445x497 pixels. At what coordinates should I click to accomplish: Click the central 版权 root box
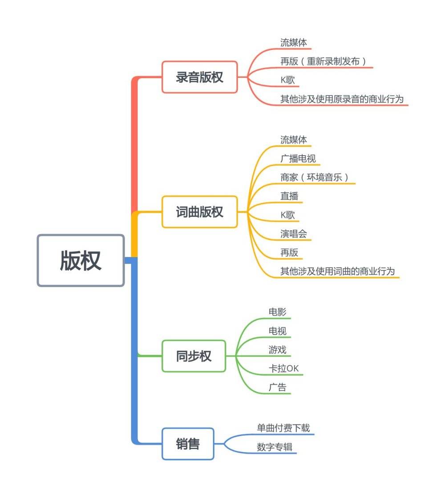[x=81, y=261]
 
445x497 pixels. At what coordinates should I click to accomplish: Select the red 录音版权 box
[x=199, y=77]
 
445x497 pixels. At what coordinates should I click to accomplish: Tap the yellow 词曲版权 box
[x=199, y=212]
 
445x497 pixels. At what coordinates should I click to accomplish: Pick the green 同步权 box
[x=194, y=356]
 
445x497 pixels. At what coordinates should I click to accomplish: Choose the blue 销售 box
[x=188, y=444]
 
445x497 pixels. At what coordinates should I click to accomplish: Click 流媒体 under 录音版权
[x=293, y=43]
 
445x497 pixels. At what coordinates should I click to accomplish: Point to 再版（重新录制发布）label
[x=323, y=61]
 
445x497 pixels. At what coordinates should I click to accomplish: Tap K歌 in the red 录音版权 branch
[x=287, y=80]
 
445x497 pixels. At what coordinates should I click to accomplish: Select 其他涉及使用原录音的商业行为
[x=342, y=99]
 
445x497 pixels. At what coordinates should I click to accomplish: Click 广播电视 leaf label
[x=298, y=159]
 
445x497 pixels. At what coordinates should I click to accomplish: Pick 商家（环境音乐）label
[x=314, y=177]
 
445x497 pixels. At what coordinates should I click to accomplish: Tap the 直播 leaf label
[x=289, y=196]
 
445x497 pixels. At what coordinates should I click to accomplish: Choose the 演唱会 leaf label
[x=293, y=233]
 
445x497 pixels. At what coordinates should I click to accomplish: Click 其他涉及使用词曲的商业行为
[x=337, y=271]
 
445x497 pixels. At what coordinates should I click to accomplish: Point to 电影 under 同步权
[x=277, y=312]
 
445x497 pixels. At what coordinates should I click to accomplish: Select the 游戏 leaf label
[x=277, y=349]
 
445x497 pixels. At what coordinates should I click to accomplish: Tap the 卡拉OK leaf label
[x=283, y=369]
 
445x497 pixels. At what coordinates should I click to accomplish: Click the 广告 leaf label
[x=277, y=387]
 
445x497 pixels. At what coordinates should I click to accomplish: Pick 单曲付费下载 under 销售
[x=283, y=428]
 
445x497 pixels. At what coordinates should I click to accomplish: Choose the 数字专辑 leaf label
[x=274, y=447]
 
